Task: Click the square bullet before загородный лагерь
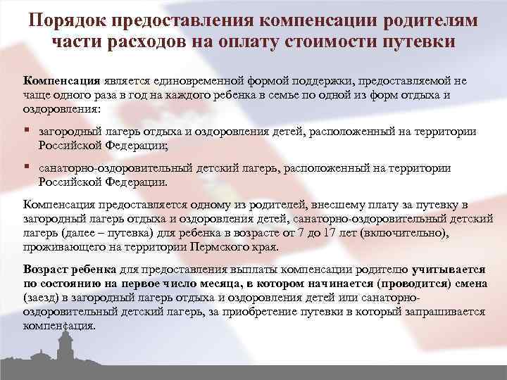pos(26,131)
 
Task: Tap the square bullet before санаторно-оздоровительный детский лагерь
pos(26,167)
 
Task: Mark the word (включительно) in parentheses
pos(401,234)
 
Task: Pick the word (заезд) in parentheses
pos(44,298)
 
